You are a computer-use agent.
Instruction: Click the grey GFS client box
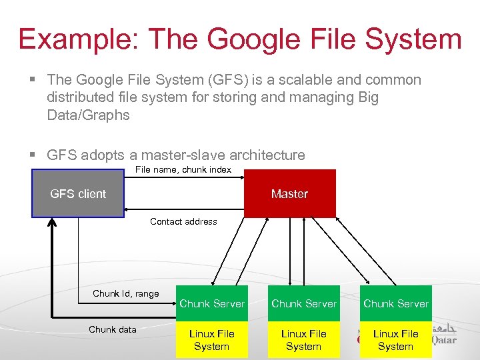coord(78,194)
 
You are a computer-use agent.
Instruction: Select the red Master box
coord(289,194)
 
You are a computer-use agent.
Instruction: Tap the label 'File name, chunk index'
coord(183,169)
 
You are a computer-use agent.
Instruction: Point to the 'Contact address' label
coord(183,221)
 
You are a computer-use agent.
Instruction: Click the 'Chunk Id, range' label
coord(126,293)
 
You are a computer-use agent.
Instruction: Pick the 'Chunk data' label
coord(113,329)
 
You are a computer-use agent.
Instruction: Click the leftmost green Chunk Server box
coord(212,303)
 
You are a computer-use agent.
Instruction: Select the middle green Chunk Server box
coord(304,303)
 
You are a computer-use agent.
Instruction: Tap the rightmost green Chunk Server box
coord(396,303)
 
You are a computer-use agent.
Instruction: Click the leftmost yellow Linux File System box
coord(212,340)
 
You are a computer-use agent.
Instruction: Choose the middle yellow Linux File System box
coord(304,340)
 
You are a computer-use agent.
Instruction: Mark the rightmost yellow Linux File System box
coord(396,340)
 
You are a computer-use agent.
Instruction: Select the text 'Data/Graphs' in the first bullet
coord(88,115)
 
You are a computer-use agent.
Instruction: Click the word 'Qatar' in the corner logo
coord(443,340)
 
